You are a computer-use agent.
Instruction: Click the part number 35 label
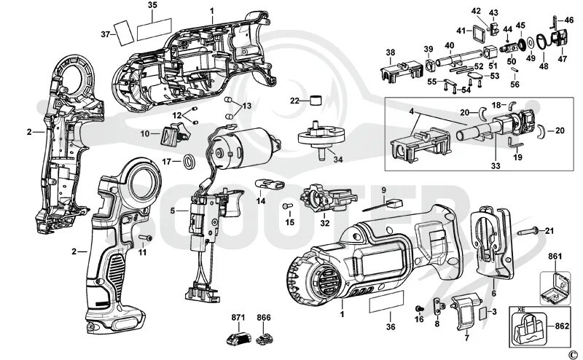[152, 5]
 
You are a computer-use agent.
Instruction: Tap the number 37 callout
[105, 34]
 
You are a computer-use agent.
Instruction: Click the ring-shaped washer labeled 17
[187, 161]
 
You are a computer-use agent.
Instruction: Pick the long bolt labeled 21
[530, 231]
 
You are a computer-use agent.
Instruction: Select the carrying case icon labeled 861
[555, 289]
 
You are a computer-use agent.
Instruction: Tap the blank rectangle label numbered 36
[386, 304]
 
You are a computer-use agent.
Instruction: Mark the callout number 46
[569, 20]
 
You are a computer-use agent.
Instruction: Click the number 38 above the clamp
[391, 52]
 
